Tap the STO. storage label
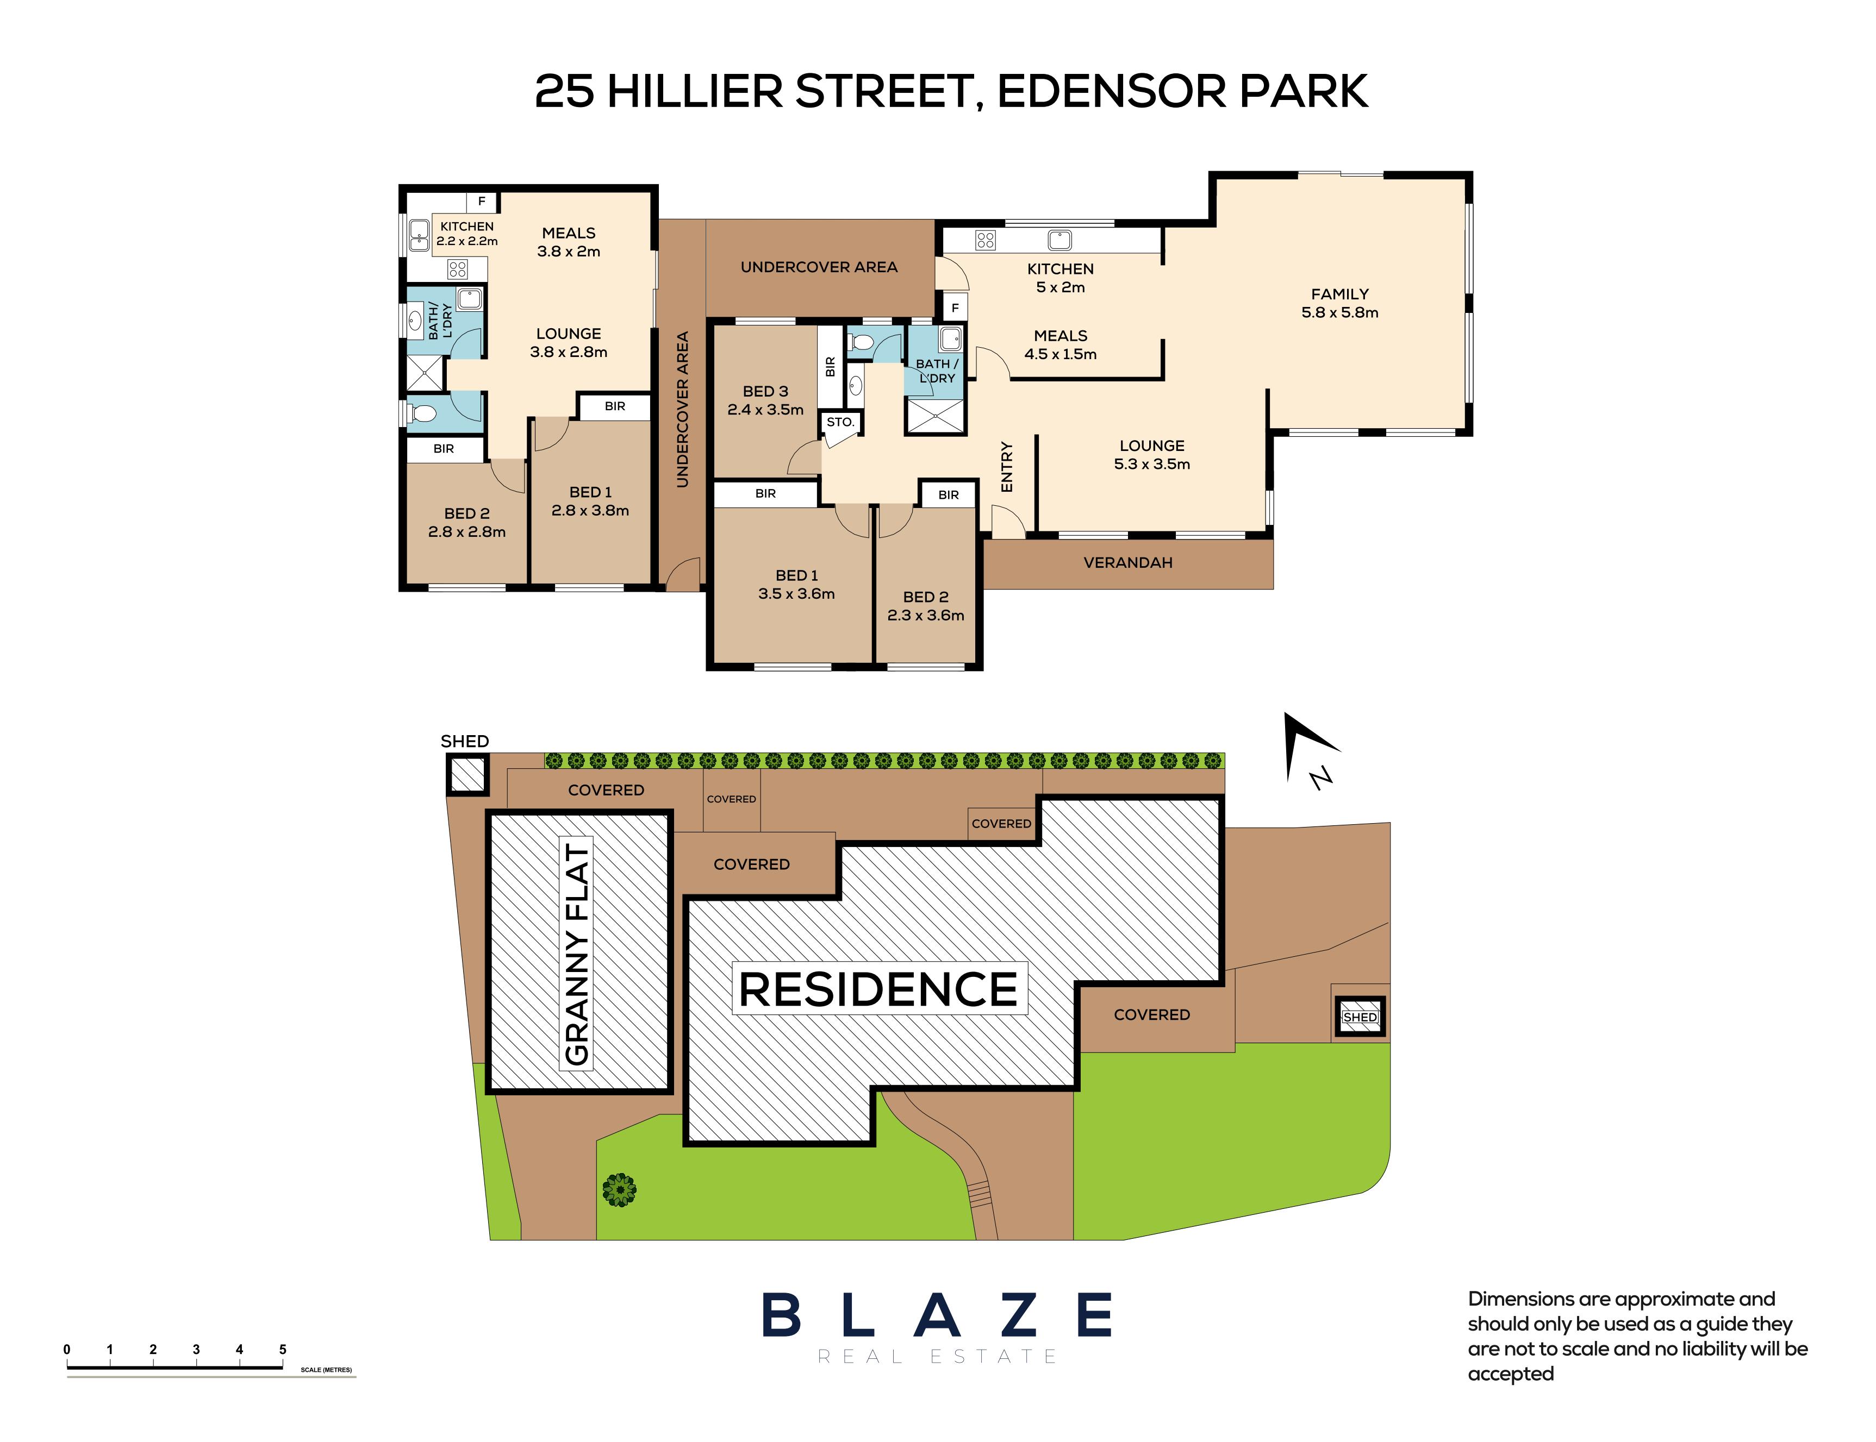(840, 422)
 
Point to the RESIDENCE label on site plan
(878, 989)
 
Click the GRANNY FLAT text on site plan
(577, 955)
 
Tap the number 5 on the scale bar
(283, 1349)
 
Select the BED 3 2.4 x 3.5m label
(765, 400)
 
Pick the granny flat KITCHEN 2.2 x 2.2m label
(466, 234)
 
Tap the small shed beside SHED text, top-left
(467, 775)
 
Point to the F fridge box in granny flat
(482, 202)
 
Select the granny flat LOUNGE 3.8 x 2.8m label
(569, 342)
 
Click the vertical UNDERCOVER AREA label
(683, 410)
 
